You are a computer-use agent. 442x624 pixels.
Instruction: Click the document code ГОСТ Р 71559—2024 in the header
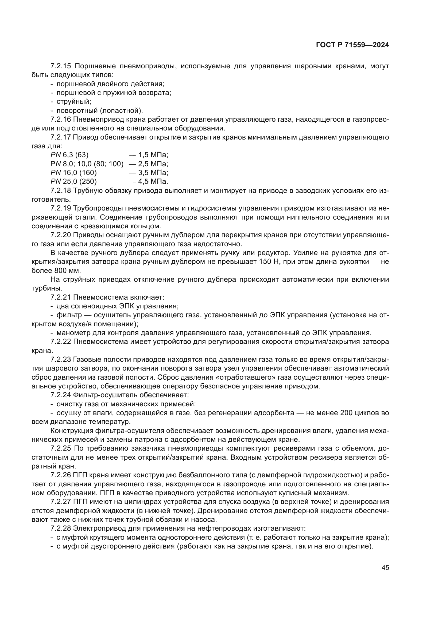tap(352, 45)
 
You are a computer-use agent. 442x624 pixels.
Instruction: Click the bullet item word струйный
tap(73, 102)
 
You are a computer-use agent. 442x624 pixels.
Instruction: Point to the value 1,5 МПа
tap(153, 155)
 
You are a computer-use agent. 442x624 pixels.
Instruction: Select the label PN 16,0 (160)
tap(73, 173)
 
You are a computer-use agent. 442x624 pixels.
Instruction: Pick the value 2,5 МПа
tap(153, 164)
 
